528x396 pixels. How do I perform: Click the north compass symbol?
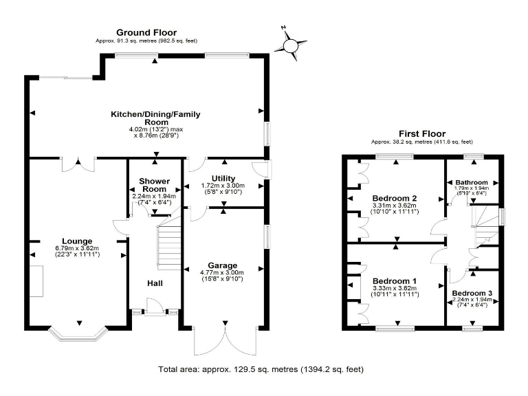click(x=291, y=44)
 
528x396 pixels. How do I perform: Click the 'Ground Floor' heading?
click(x=146, y=32)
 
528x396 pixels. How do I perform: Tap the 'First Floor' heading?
click(x=422, y=133)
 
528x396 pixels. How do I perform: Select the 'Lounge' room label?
click(x=77, y=241)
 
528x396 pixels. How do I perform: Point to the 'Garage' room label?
click(x=223, y=265)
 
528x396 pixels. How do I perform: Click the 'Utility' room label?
click(x=223, y=178)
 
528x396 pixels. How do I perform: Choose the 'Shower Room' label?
click(x=154, y=184)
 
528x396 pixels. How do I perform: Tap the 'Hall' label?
click(x=155, y=283)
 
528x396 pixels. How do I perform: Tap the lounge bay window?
click(x=80, y=335)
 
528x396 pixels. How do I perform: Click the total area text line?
click(x=261, y=369)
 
